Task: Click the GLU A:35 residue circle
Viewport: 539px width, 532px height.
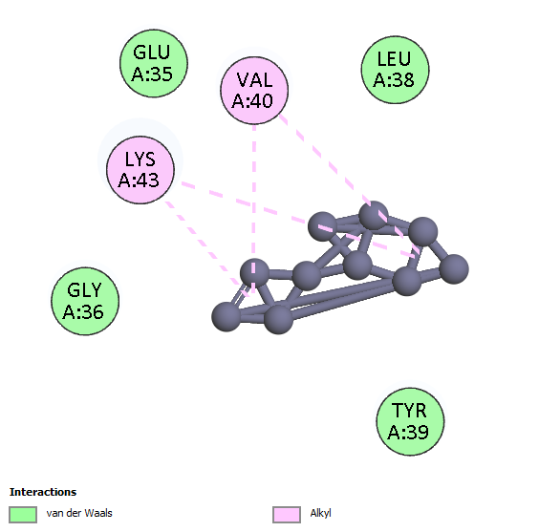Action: coord(154,64)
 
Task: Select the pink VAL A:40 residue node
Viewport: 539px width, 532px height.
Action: coord(254,91)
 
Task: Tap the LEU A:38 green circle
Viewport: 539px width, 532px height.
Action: coord(396,70)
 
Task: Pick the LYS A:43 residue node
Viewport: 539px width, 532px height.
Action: coord(140,170)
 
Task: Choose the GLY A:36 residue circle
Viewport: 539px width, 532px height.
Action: coord(85,301)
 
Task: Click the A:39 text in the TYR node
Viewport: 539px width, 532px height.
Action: coord(408,432)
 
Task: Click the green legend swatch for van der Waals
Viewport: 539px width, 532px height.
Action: coord(23,515)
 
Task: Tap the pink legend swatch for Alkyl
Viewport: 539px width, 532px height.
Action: coord(287,515)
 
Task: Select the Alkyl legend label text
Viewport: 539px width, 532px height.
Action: coord(320,514)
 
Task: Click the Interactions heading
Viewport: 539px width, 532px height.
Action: coord(43,492)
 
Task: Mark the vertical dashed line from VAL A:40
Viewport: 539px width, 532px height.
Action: coord(254,208)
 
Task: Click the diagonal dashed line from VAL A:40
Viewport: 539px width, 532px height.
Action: coord(350,185)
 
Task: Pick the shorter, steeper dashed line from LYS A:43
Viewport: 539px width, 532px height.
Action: coord(207,248)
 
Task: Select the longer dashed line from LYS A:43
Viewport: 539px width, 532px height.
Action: coord(298,220)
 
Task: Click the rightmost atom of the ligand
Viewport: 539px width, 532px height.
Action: coord(454,269)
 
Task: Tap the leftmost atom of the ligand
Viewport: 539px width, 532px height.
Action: coord(226,316)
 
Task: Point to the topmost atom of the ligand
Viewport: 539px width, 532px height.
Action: coord(374,215)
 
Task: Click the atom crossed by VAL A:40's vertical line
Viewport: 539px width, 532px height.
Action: coord(254,273)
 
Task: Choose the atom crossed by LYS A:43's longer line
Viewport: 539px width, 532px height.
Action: coord(322,226)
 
